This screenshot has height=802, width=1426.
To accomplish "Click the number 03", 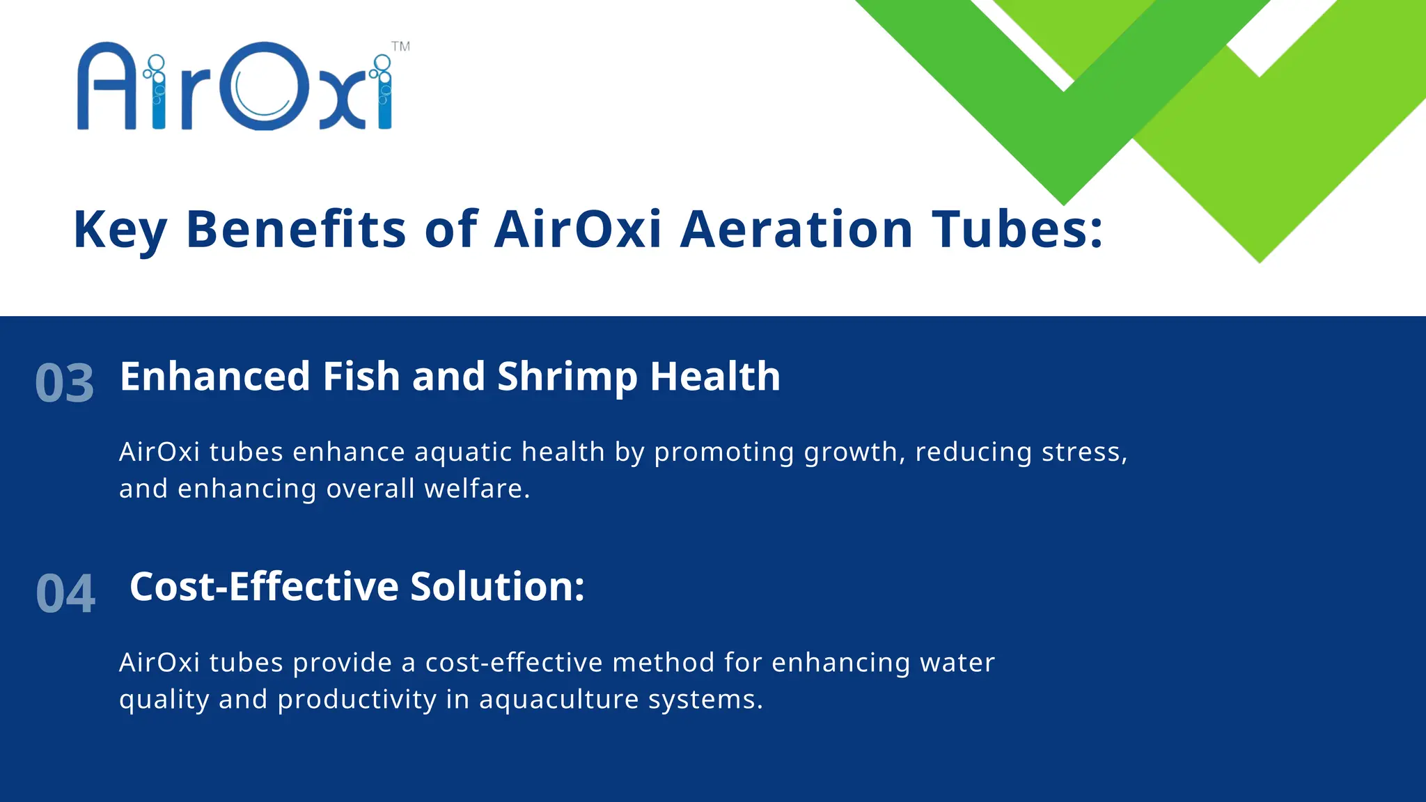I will [x=65, y=384].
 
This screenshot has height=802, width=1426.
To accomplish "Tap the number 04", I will [x=65, y=594].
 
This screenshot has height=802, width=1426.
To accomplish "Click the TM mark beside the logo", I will [x=400, y=47].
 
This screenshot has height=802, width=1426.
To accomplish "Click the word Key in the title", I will [x=120, y=230].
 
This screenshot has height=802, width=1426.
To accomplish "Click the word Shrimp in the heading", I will [x=567, y=377].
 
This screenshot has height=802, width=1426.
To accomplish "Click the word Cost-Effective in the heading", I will [x=264, y=586].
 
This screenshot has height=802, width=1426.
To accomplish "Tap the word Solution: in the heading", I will [x=497, y=586].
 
